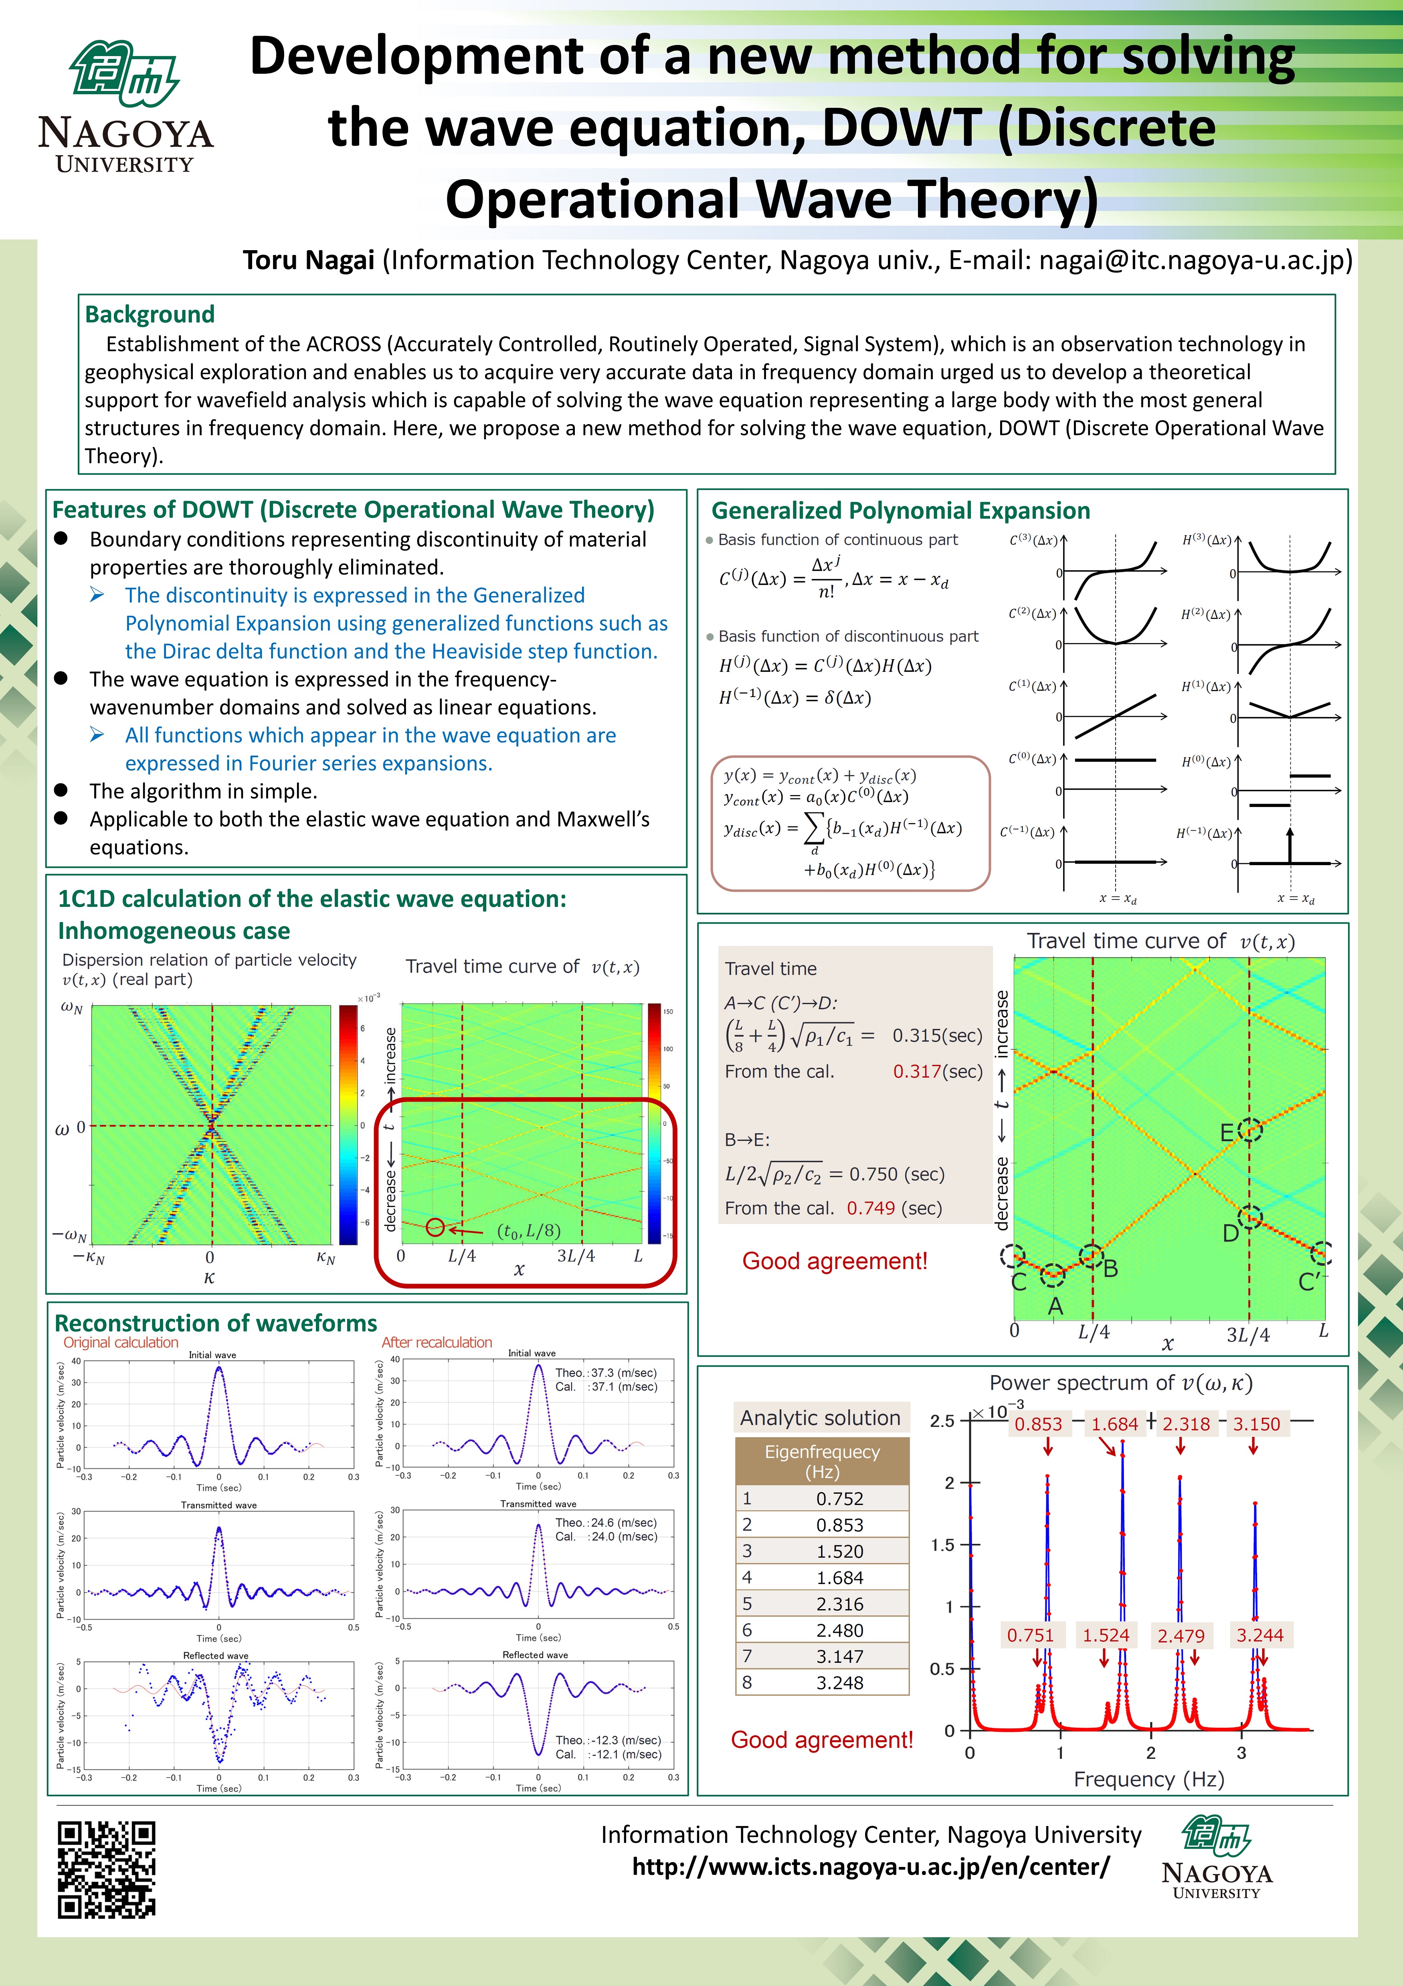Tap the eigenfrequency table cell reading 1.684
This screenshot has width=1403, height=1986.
839,1578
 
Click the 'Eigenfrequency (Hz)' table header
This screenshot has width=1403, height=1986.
822,1461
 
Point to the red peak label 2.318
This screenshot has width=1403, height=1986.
1186,1424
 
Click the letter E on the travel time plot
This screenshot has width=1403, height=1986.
1227,1133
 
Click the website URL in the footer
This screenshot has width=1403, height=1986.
870,1866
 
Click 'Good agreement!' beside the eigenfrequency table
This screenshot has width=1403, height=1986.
822,1739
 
